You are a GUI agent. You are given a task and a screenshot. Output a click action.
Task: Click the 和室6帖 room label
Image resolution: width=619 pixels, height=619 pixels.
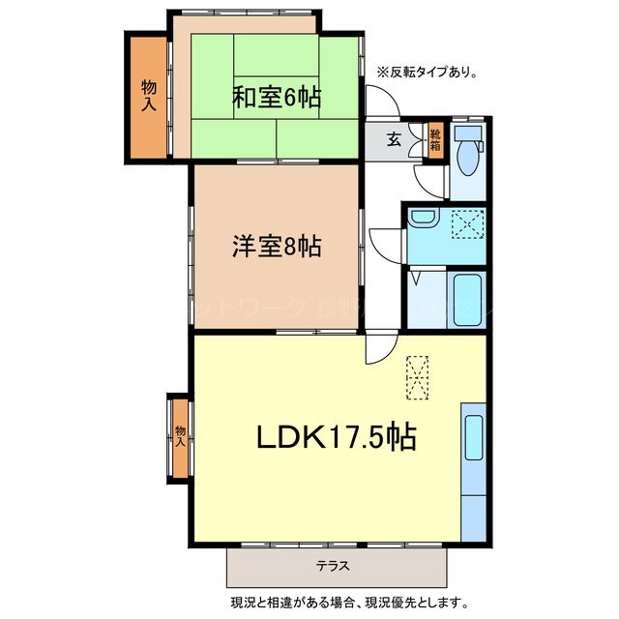(x=276, y=97)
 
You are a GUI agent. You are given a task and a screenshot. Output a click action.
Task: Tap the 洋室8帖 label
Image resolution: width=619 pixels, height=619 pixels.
(x=276, y=246)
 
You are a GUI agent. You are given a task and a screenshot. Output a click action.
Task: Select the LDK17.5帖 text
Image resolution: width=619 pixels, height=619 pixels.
(x=336, y=437)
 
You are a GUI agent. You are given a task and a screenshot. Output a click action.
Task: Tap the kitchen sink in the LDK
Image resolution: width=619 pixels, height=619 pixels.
(x=473, y=437)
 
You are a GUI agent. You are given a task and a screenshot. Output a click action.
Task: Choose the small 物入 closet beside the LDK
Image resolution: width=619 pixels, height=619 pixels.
(x=180, y=436)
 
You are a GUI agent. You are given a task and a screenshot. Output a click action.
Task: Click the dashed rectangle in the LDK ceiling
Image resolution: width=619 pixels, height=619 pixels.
(x=418, y=377)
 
